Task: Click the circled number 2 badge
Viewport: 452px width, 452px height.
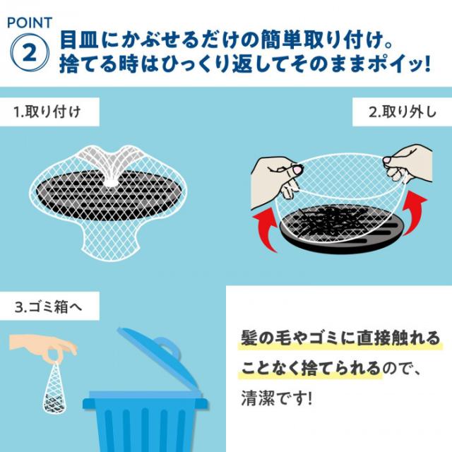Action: [x=31, y=52]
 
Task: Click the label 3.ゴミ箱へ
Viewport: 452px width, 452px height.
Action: [x=49, y=307]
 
